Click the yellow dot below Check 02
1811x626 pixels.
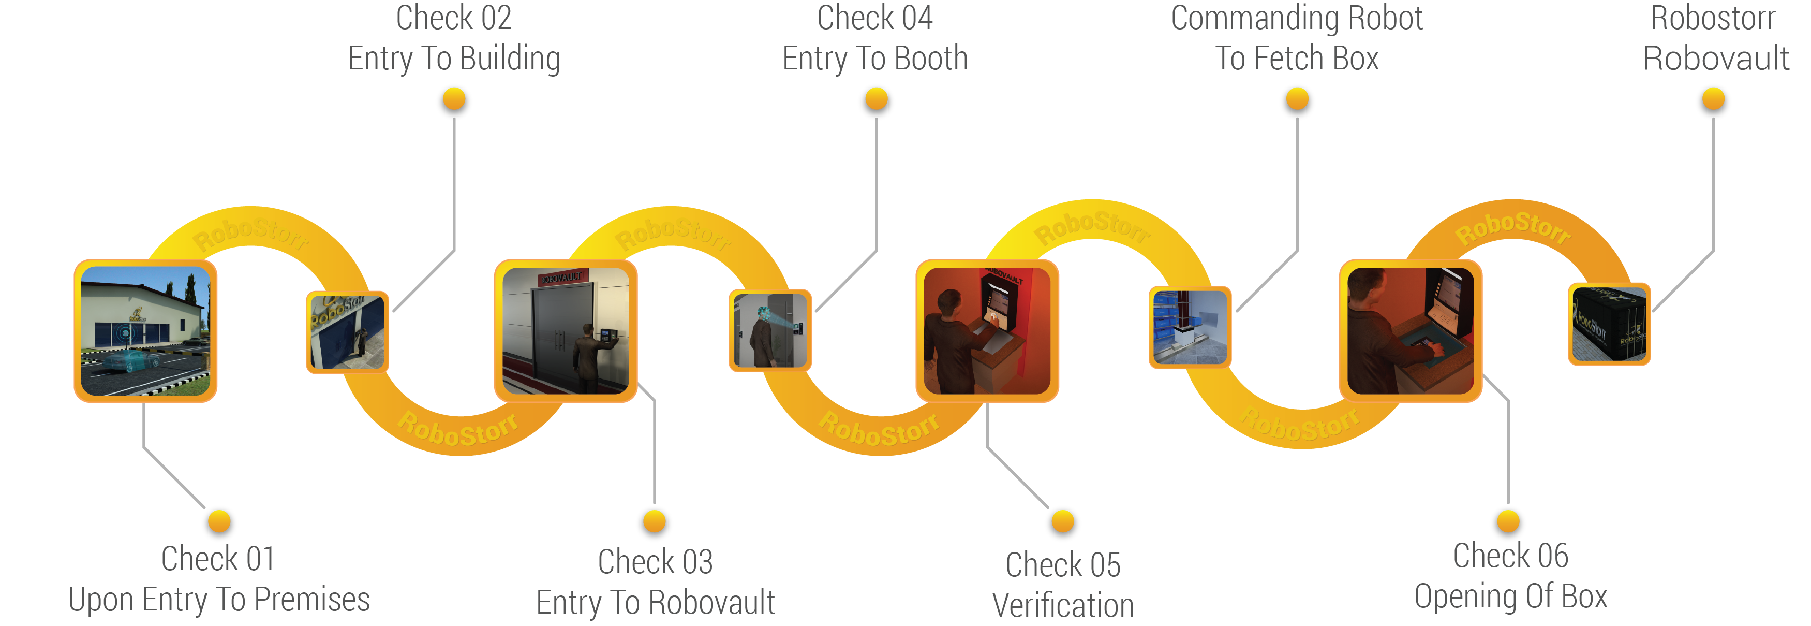[454, 100]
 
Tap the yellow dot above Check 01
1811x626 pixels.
[219, 522]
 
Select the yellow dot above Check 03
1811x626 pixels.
[654, 522]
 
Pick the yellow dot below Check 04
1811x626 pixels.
[876, 100]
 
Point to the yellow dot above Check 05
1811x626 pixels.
[1062, 522]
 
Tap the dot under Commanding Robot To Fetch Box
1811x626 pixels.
[1297, 100]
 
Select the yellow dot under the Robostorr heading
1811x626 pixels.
[1713, 100]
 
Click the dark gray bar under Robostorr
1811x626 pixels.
[1717, 57]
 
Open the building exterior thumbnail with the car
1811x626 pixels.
[145, 330]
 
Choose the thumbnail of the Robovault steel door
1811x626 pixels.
[566, 330]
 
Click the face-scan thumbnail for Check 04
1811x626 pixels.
[770, 330]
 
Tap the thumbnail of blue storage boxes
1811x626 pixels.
[1190, 327]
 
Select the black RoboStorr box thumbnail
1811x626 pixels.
[1609, 324]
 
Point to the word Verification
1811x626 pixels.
[1063, 605]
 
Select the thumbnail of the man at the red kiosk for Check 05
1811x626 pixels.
[987, 330]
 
